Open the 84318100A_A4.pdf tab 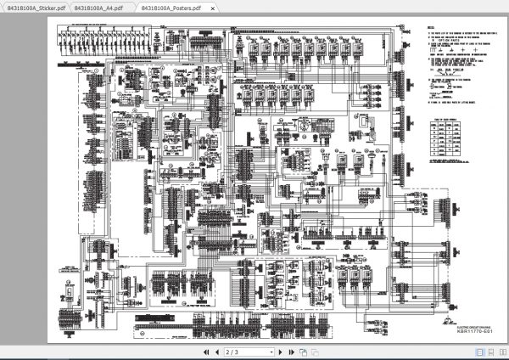98,8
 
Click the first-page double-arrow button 205,352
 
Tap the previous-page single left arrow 216,352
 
